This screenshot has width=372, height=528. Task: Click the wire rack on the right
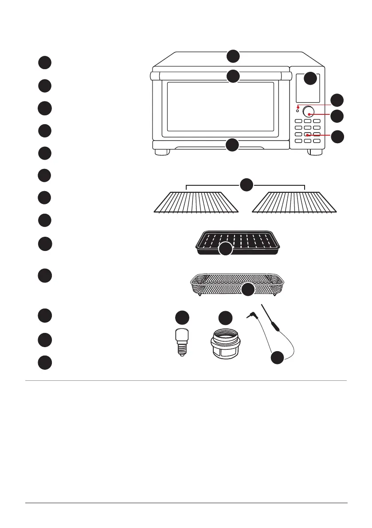[x=295, y=204]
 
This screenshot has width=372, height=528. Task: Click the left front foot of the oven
[x=162, y=152]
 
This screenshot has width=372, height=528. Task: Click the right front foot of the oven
[x=316, y=152]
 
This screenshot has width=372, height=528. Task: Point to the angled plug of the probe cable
[x=250, y=315]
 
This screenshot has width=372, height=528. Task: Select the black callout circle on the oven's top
[x=233, y=56]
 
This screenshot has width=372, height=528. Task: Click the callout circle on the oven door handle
[x=233, y=76]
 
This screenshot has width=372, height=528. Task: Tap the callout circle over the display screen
[x=311, y=78]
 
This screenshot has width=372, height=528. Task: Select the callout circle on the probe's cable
[x=278, y=357]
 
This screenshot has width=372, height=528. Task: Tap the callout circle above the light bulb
[x=181, y=318]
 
